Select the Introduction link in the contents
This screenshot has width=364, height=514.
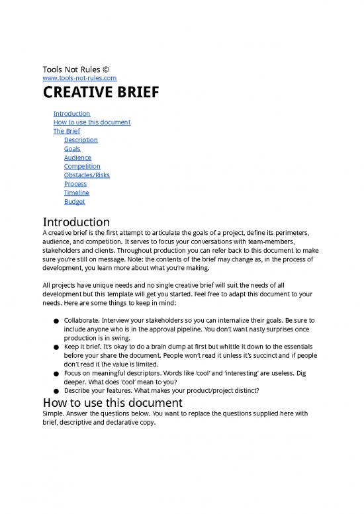[x=71, y=114]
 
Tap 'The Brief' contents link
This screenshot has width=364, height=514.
[x=66, y=131]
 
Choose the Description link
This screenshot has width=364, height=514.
[x=81, y=140]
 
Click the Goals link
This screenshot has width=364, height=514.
[x=72, y=149]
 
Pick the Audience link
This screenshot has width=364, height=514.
[x=77, y=157]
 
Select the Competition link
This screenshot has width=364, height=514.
[x=82, y=167]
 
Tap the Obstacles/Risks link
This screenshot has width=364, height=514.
[x=87, y=175]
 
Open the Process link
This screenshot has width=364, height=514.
[x=75, y=184]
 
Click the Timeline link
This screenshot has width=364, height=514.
[x=77, y=193]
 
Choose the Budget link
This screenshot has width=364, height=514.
[x=74, y=202]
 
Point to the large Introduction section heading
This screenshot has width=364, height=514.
[x=75, y=221]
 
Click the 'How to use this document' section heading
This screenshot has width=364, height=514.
[x=113, y=402]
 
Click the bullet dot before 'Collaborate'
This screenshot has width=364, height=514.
[x=50, y=321]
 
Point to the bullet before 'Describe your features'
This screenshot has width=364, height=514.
[x=50, y=390]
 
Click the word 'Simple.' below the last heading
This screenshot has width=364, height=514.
[x=54, y=415]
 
